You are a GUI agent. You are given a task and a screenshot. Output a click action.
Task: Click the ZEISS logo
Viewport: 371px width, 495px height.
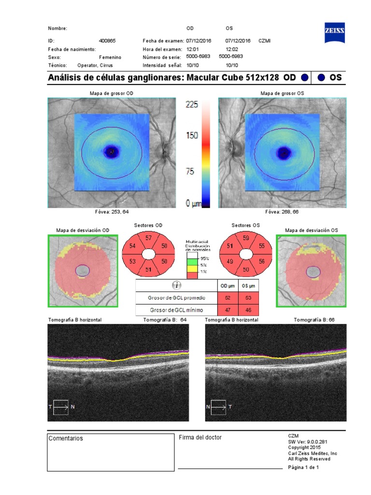(336, 30)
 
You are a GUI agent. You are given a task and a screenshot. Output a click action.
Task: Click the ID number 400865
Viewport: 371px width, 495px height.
(107, 41)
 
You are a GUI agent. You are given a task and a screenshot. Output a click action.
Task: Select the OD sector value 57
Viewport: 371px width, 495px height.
(148, 238)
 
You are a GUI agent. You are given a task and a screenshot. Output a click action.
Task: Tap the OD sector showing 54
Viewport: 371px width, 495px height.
(132, 246)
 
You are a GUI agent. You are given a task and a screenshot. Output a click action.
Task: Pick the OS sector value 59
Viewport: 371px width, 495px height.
(245, 238)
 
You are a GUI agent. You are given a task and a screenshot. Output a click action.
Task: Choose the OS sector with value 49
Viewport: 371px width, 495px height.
(230, 261)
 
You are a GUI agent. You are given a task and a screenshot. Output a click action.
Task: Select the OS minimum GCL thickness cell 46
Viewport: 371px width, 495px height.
(248, 310)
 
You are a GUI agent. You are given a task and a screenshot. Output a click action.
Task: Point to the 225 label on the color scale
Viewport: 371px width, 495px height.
(192, 104)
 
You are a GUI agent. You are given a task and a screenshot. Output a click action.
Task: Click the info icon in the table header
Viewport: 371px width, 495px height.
(176, 286)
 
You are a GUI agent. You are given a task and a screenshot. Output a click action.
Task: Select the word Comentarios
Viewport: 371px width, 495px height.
(66, 438)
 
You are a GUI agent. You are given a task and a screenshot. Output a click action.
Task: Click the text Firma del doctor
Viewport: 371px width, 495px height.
(200, 437)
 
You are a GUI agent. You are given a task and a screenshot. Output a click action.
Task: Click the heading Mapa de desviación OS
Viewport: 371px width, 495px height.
(312, 231)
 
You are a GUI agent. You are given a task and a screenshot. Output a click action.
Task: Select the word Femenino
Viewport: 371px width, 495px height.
(110, 57)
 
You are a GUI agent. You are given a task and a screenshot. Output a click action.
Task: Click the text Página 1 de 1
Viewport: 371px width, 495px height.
(303, 467)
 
